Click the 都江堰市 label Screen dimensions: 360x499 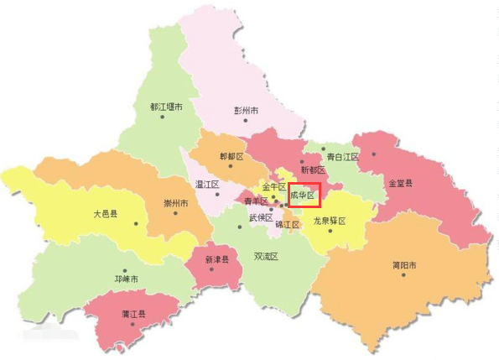(166, 107)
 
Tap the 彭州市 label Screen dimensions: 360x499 (246, 111)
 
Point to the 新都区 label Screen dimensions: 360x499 (312, 170)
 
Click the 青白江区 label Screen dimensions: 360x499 (342, 157)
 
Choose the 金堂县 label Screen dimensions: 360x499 (400, 182)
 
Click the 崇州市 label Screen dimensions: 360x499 (175, 204)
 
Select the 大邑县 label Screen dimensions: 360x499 (106, 214)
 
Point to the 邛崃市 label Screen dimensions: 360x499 (126, 279)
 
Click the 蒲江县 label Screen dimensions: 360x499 (133, 314)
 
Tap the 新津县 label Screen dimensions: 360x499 (217, 260)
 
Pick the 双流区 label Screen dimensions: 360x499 (266, 256)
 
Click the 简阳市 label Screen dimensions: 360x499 (404, 266)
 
